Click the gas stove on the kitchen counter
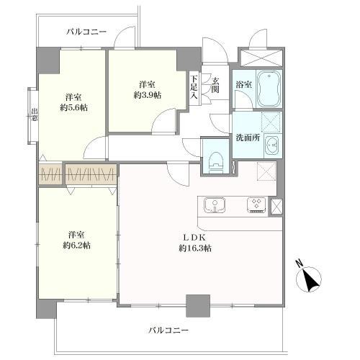point(256,206)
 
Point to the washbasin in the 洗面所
point(271,146)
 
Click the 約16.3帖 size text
point(195,248)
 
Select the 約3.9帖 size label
point(147,94)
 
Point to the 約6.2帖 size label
point(75,246)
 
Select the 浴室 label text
point(243,85)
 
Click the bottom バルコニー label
point(168,330)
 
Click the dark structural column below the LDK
point(197,306)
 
